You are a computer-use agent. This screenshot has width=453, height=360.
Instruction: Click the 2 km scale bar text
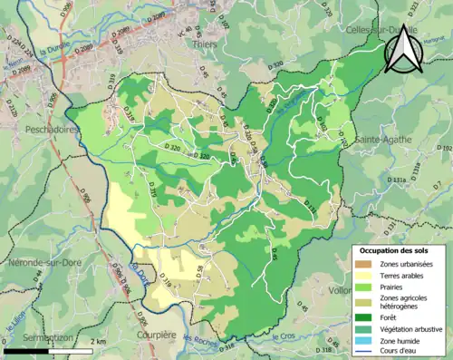(x=99, y=341)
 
